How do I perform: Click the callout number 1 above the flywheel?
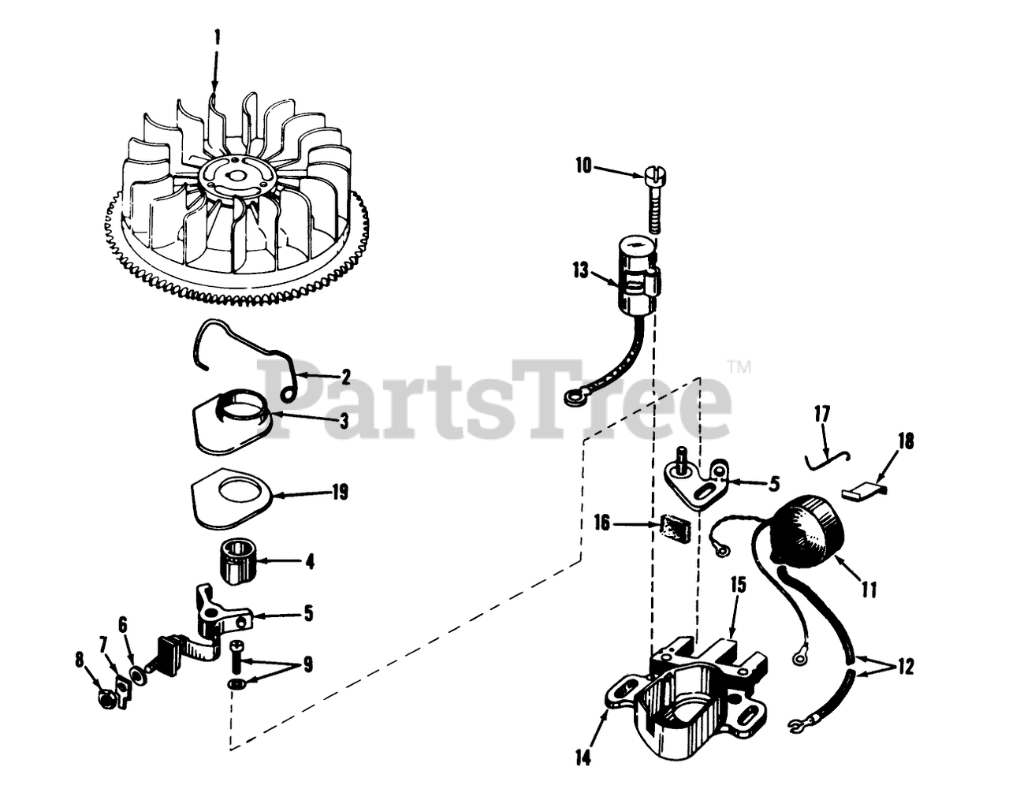(x=217, y=39)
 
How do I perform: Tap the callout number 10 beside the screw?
(x=584, y=166)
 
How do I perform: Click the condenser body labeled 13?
(x=639, y=278)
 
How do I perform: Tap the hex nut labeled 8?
(x=108, y=700)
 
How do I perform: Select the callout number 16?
(x=602, y=523)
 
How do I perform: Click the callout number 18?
(x=906, y=441)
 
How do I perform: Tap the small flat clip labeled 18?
(x=863, y=493)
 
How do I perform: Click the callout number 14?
(x=584, y=759)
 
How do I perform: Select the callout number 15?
(x=738, y=584)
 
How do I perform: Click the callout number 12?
(x=906, y=668)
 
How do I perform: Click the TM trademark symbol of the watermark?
(x=740, y=366)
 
